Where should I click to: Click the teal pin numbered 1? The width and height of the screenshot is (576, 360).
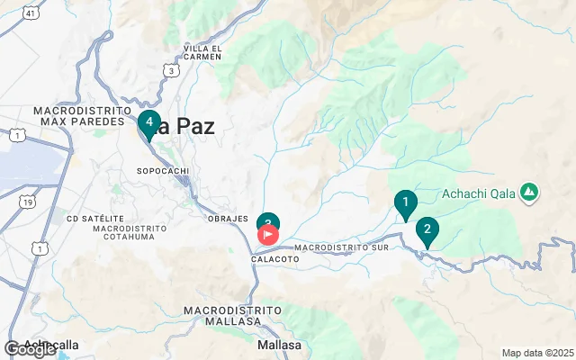pyautogui.click(x=406, y=203)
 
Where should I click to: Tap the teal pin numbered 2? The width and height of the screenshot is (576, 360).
pyautogui.click(x=427, y=230)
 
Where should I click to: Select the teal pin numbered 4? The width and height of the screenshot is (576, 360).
pyautogui.click(x=149, y=122)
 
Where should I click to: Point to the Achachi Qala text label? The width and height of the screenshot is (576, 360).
pyautogui.click(x=478, y=193)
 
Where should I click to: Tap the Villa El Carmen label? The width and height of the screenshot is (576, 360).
pyautogui.click(x=202, y=51)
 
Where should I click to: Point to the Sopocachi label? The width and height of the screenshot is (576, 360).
pyautogui.click(x=161, y=170)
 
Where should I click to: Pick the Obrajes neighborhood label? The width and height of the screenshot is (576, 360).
pyautogui.click(x=227, y=219)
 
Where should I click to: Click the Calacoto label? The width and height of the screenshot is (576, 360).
pyautogui.click(x=274, y=258)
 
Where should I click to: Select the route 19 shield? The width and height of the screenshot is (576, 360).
pyautogui.click(x=29, y=203)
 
